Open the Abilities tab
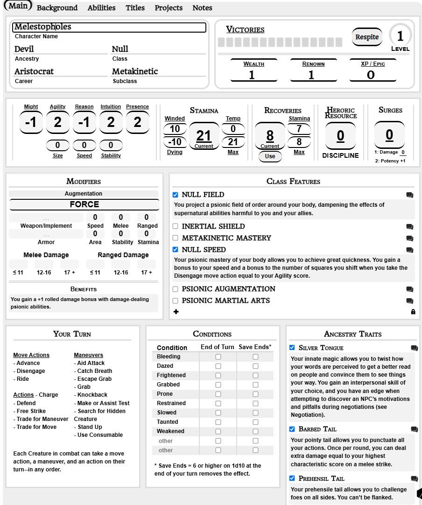[x=101, y=8]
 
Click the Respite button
[x=367, y=37]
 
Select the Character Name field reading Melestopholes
[x=109, y=27]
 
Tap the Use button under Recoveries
[x=270, y=156]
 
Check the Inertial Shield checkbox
[x=176, y=226]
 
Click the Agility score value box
[x=57, y=122]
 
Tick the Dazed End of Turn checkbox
[x=218, y=366]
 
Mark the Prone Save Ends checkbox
[x=255, y=394]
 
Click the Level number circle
[x=400, y=35]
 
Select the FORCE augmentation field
[x=84, y=204]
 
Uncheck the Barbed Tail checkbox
[x=292, y=429]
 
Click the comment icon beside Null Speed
[x=409, y=250]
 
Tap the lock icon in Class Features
[x=413, y=312]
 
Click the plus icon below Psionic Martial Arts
[x=176, y=312]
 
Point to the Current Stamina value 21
[x=204, y=136]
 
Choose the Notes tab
[x=202, y=8]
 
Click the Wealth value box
[x=252, y=75]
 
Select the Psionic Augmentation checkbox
[x=176, y=289]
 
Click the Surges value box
[x=389, y=135]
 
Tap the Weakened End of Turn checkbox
[x=218, y=431]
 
